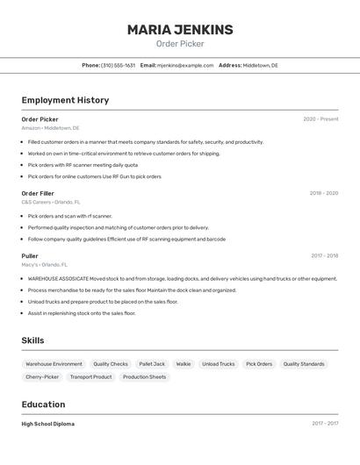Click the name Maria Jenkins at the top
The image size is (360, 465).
[x=180, y=30]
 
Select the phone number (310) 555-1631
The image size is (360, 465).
[x=118, y=65]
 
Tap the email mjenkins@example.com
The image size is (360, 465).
[x=185, y=65]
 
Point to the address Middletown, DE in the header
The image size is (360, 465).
[x=260, y=65]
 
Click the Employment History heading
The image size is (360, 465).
[x=65, y=100]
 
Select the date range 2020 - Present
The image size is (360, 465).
[x=320, y=119]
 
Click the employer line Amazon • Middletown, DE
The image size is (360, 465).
[x=50, y=128]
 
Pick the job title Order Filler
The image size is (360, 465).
[x=38, y=193]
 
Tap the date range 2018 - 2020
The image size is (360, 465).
[x=323, y=193]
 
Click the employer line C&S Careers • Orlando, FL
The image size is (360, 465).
[x=51, y=202]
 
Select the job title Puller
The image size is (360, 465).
[x=30, y=256]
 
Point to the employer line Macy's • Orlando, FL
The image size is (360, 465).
[x=45, y=265]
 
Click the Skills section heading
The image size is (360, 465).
[x=32, y=340]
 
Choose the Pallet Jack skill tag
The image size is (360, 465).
[x=152, y=364]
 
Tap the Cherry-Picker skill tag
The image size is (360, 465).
[x=42, y=377]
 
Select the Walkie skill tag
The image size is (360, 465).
[x=184, y=364]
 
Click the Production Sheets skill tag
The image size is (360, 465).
[x=144, y=377]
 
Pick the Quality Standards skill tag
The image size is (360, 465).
[x=304, y=364]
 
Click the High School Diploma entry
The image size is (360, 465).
[x=48, y=424]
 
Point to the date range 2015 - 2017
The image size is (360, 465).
[x=324, y=424]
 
